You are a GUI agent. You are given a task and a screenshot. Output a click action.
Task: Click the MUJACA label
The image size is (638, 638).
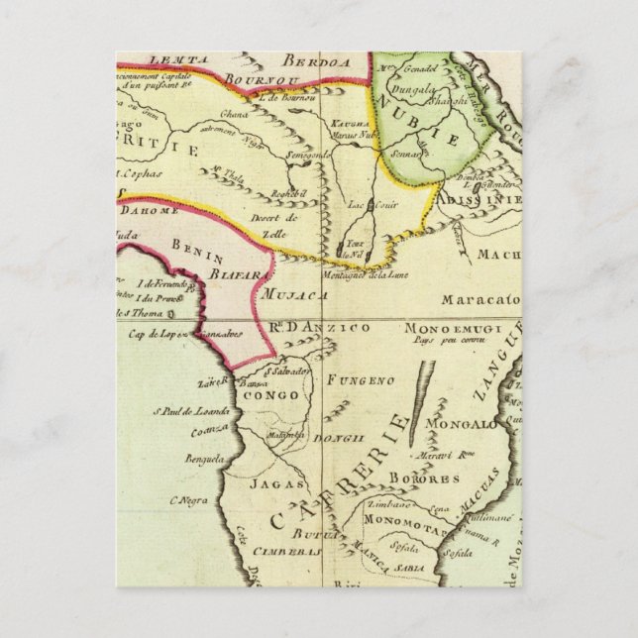click(288, 293)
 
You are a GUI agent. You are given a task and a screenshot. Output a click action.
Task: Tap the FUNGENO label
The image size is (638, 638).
click(367, 378)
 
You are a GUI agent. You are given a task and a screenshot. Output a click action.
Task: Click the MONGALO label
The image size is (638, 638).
click(460, 425)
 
